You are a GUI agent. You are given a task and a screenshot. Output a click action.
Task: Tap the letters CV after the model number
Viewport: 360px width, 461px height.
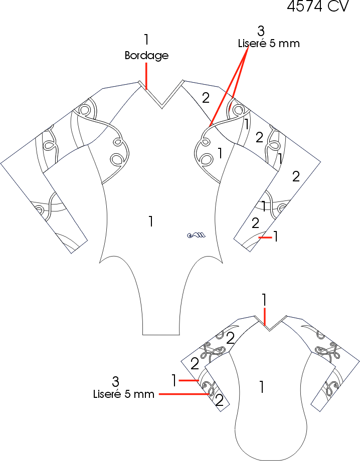(x=341, y=7)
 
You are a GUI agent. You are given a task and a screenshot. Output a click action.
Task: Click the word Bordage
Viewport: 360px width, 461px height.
(x=146, y=56)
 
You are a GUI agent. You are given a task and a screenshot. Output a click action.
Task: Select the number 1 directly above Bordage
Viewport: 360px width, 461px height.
(x=146, y=39)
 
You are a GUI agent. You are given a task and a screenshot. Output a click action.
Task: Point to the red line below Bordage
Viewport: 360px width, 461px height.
(x=146, y=76)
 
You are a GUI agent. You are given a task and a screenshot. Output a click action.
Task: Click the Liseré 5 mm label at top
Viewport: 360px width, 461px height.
(x=269, y=43)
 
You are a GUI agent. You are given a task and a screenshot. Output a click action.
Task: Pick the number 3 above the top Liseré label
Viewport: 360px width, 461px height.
(x=260, y=30)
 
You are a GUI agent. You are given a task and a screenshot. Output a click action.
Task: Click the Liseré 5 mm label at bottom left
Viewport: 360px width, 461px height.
(x=124, y=394)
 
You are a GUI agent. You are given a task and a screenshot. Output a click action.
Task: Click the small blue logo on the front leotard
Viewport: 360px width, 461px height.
(x=196, y=235)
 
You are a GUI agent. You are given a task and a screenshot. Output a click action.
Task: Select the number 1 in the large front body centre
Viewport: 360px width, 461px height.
(x=150, y=221)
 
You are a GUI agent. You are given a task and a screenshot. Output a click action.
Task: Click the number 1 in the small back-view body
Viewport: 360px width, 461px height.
(x=261, y=386)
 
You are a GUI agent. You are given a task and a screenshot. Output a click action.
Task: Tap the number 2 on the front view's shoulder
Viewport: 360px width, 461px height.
(x=206, y=98)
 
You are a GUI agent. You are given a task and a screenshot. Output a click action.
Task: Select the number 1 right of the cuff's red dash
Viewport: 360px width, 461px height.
(x=275, y=236)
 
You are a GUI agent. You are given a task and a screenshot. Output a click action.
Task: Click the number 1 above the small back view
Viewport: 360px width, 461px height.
(x=264, y=299)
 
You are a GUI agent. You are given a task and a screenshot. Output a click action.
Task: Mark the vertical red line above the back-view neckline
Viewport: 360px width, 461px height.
(x=264, y=317)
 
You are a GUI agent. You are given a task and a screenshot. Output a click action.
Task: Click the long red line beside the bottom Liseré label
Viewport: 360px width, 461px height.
(x=184, y=394)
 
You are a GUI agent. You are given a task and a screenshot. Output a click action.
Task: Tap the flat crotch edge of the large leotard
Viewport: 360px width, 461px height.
(x=161, y=334)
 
